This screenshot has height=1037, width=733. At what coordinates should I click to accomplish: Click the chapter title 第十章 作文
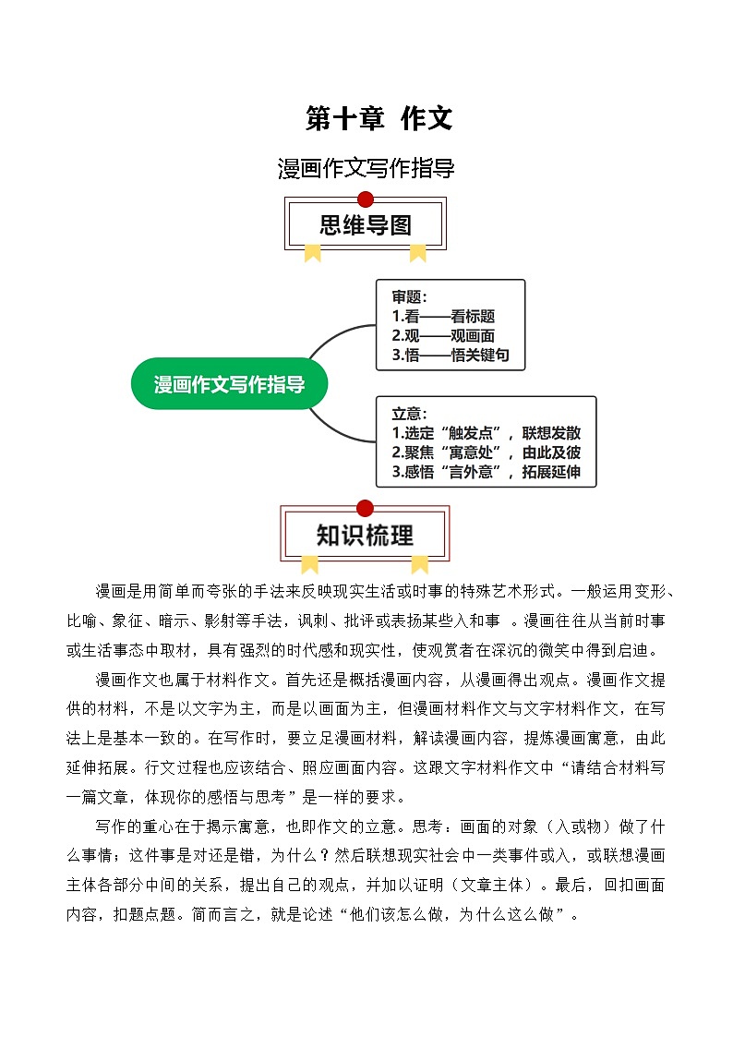tap(379, 118)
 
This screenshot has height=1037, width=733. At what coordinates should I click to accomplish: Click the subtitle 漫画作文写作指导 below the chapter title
tap(366, 169)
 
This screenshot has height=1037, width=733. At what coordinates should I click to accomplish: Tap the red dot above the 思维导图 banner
tap(366, 199)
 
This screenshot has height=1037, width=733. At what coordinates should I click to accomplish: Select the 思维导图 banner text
tap(366, 224)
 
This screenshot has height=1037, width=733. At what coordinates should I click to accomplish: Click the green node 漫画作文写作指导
tap(229, 384)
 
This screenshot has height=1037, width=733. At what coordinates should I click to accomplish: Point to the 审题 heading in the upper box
tap(409, 297)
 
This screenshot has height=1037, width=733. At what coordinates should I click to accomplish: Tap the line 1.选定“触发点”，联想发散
tap(487, 433)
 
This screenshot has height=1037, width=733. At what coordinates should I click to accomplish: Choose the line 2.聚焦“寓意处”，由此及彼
tap(487, 452)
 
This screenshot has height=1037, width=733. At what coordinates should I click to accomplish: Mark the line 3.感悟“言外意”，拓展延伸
tap(487, 472)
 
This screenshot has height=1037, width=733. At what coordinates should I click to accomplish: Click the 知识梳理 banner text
tap(366, 535)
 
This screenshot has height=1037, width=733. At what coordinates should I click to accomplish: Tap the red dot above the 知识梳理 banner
tap(365, 508)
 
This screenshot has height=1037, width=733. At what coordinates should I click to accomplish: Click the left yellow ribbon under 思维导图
tap(313, 252)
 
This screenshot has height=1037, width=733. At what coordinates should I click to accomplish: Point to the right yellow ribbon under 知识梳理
tap(419, 563)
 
